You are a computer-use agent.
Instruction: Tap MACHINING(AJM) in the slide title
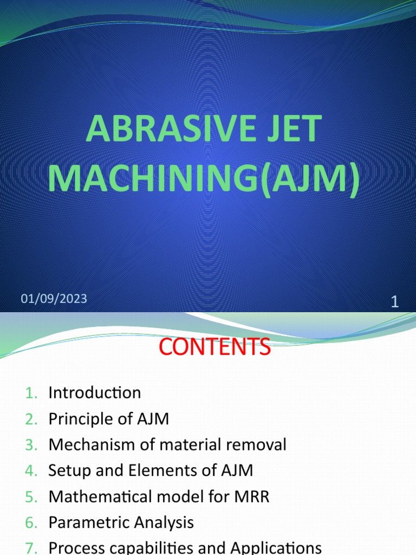pyautogui.click(x=203, y=178)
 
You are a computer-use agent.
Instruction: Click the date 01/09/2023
pyautogui.click(x=54, y=299)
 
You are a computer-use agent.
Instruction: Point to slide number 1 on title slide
pyautogui.click(x=394, y=302)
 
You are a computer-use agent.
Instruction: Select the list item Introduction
pyautogui.click(x=94, y=392)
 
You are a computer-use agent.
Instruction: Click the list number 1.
pyautogui.click(x=31, y=392)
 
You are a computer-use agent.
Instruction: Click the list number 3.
pyautogui.click(x=31, y=444)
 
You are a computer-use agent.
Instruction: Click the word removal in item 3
pyautogui.click(x=256, y=444)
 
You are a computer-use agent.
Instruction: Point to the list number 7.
pyautogui.click(x=31, y=547)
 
